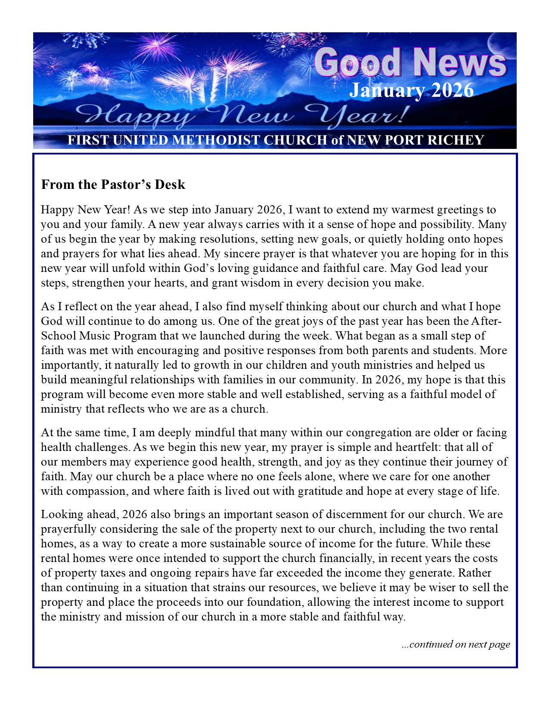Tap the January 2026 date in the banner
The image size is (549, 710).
(x=411, y=90)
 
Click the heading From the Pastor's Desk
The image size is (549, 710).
(x=113, y=185)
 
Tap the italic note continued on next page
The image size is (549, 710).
(x=456, y=644)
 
